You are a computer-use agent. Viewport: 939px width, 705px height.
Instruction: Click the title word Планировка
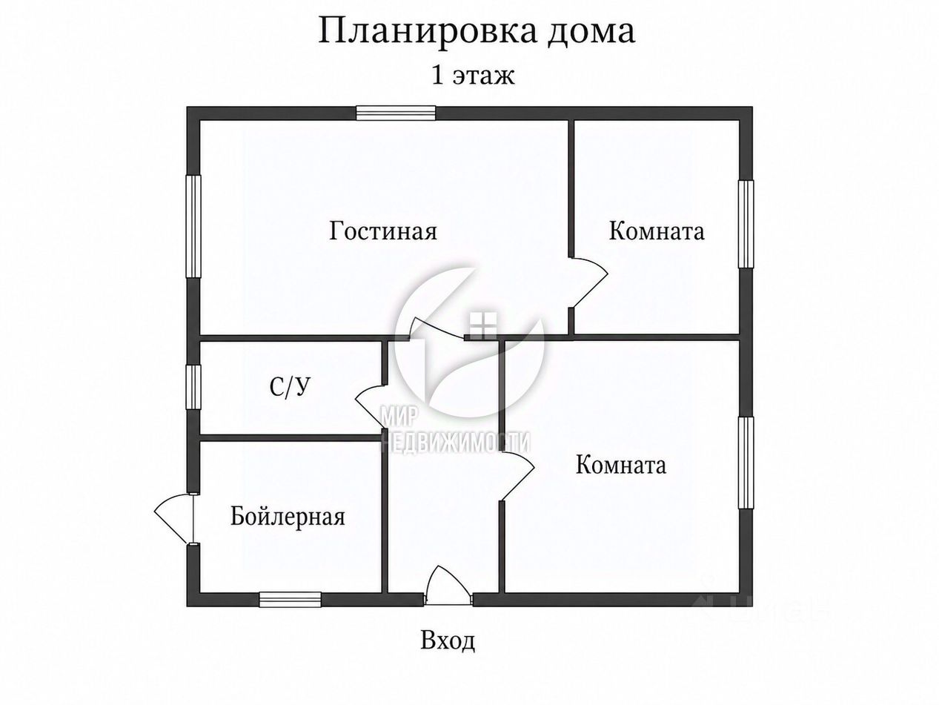click(427, 32)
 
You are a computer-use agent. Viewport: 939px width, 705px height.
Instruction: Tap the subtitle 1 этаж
click(472, 76)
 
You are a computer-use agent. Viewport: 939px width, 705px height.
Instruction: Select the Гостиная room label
click(383, 231)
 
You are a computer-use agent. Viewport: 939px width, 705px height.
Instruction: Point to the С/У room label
click(289, 387)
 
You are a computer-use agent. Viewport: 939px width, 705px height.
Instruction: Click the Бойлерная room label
click(288, 516)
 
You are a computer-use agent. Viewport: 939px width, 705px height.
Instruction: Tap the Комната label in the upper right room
click(656, 231)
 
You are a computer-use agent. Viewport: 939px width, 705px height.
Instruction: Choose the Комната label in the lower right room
click(621, 464)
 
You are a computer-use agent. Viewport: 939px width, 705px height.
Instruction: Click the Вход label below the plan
click(448, 652)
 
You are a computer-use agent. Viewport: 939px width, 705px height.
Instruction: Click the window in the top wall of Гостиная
click(396, 113)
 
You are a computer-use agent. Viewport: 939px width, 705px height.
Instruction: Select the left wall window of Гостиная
click(193, 226)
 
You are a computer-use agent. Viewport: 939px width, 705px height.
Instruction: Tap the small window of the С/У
click(193, 387)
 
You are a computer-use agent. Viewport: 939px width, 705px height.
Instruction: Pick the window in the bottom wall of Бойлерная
click(290, 599)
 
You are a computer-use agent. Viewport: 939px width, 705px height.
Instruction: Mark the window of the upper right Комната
click(746, 224)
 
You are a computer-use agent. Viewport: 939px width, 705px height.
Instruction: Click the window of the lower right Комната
click(746, 463)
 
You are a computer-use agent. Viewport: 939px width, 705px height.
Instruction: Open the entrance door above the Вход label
click(448, 586)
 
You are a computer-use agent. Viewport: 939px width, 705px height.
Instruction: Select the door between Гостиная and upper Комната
click(589, 282)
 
